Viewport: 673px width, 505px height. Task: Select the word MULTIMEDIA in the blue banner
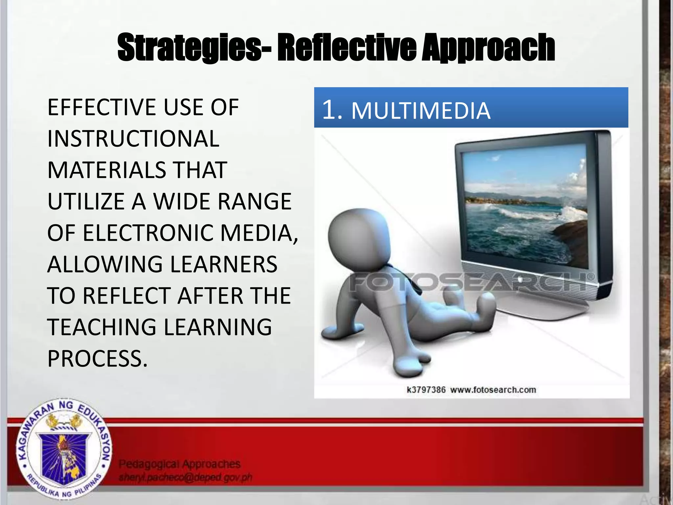pyautogui.click(x=421, y=111)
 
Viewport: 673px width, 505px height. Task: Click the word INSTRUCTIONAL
pyautogui.click(x=133, y=139)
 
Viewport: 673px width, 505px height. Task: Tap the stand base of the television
pyautogui.click(x=542, y=311)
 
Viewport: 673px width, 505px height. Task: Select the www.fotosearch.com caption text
pyautogui.click(x=493, y=390)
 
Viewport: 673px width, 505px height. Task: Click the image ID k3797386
pyautogui.click(x=426, y=390)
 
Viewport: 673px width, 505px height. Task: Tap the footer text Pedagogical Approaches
pyautogui.click(x=179, y=464)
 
